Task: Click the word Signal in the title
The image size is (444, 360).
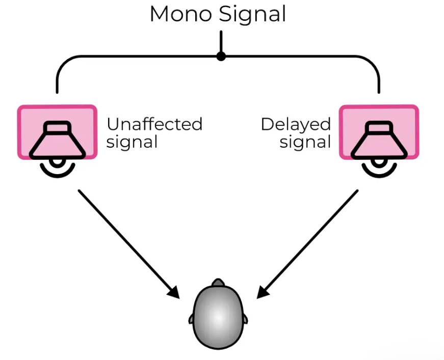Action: click(253, 15)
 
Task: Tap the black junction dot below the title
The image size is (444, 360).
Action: click(221, 56)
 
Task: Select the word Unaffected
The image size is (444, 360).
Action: click(154, 124)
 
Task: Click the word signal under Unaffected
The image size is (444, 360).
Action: click(132, 142)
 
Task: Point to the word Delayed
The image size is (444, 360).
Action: click(296, 125)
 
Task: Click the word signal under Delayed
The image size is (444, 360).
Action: click(305, 142)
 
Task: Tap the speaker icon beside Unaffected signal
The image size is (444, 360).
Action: click(57, 140)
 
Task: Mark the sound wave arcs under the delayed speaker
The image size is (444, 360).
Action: click(379, 168)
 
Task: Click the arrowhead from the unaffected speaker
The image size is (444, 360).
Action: click(174, 292)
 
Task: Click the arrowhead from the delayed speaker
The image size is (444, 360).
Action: click(263, 292)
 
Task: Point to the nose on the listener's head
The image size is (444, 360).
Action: click(218, 282)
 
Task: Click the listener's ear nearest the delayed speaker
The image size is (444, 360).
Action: click(246, 318)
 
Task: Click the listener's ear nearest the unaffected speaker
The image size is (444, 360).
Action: click(191, 318)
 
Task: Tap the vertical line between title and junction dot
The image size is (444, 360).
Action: click(221, 41)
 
